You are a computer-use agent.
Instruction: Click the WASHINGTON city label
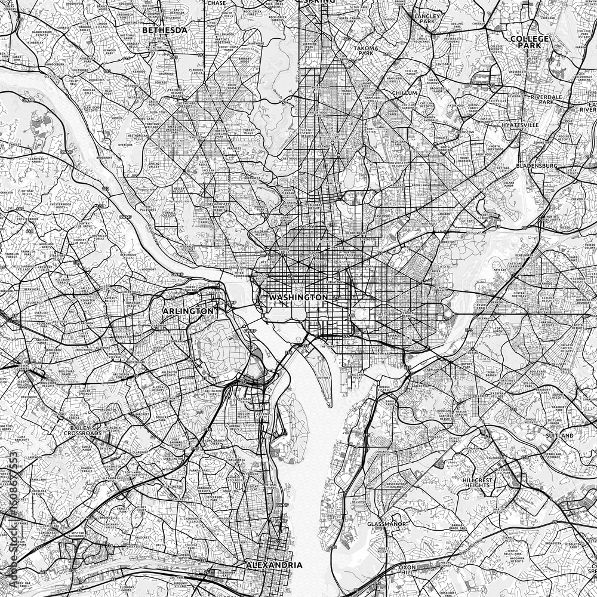pos(298,297)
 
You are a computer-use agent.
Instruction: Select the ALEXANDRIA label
pos(275,564)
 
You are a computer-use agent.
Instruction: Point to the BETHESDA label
pos(164,29)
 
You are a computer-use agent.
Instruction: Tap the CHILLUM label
pos(405,94)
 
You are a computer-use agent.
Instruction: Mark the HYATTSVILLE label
pos(519,125)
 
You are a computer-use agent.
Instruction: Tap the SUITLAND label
pos(559,436)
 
